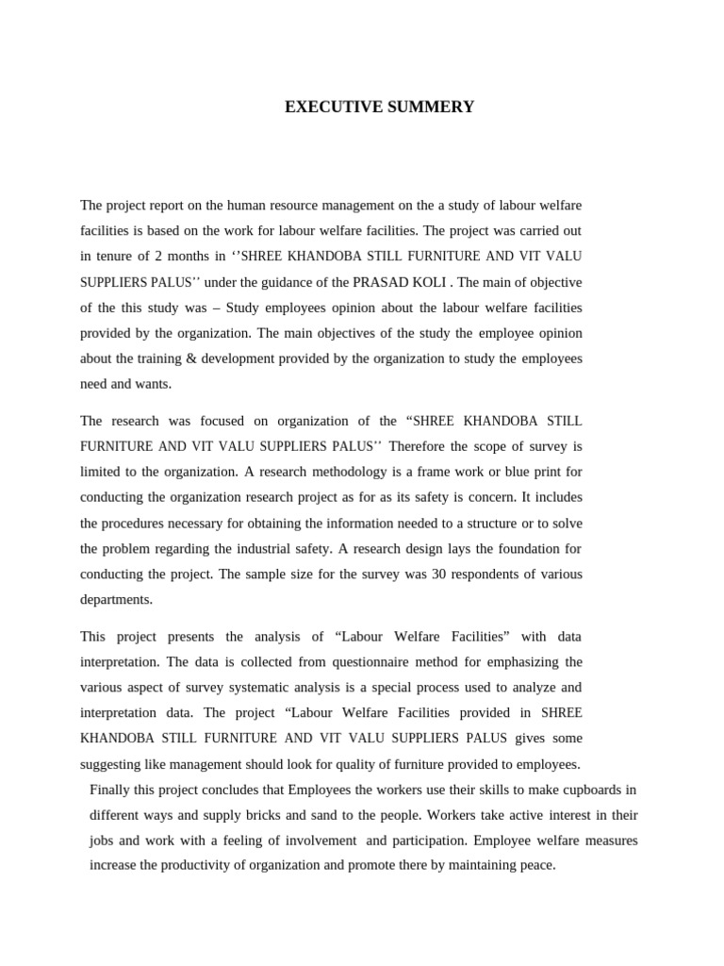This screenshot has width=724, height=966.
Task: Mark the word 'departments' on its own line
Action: pos(116,600)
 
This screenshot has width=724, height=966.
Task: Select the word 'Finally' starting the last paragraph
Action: pos(111,790)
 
